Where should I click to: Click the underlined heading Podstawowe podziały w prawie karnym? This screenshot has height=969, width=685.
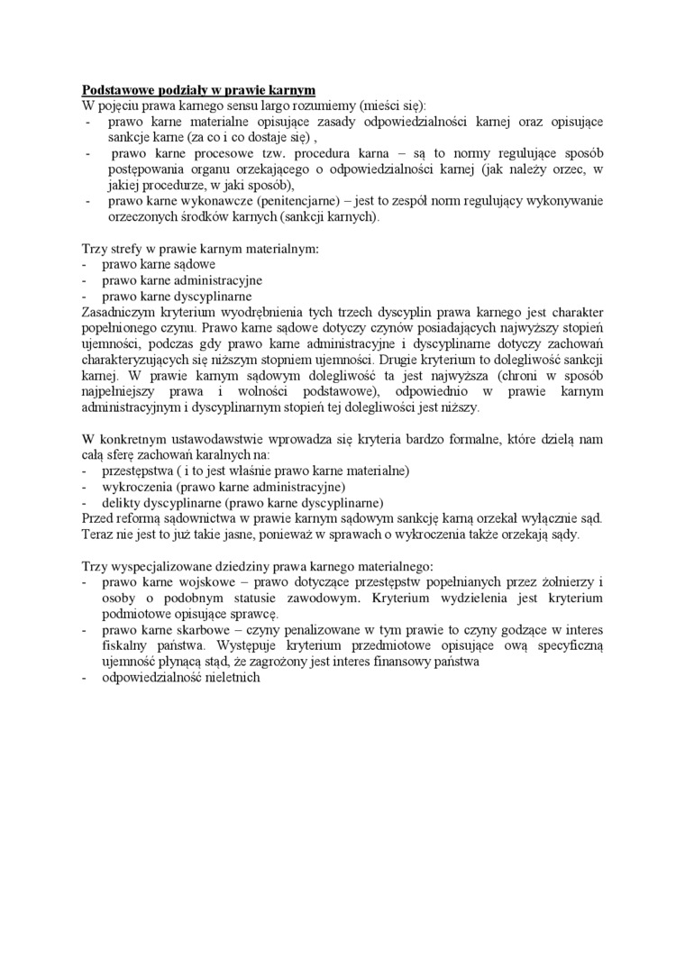(198, 90)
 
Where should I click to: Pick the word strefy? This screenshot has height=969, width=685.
(124, 248)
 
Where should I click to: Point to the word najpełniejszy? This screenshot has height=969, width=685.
(122, 391)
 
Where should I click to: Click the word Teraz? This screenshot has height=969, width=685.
(98, 534)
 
